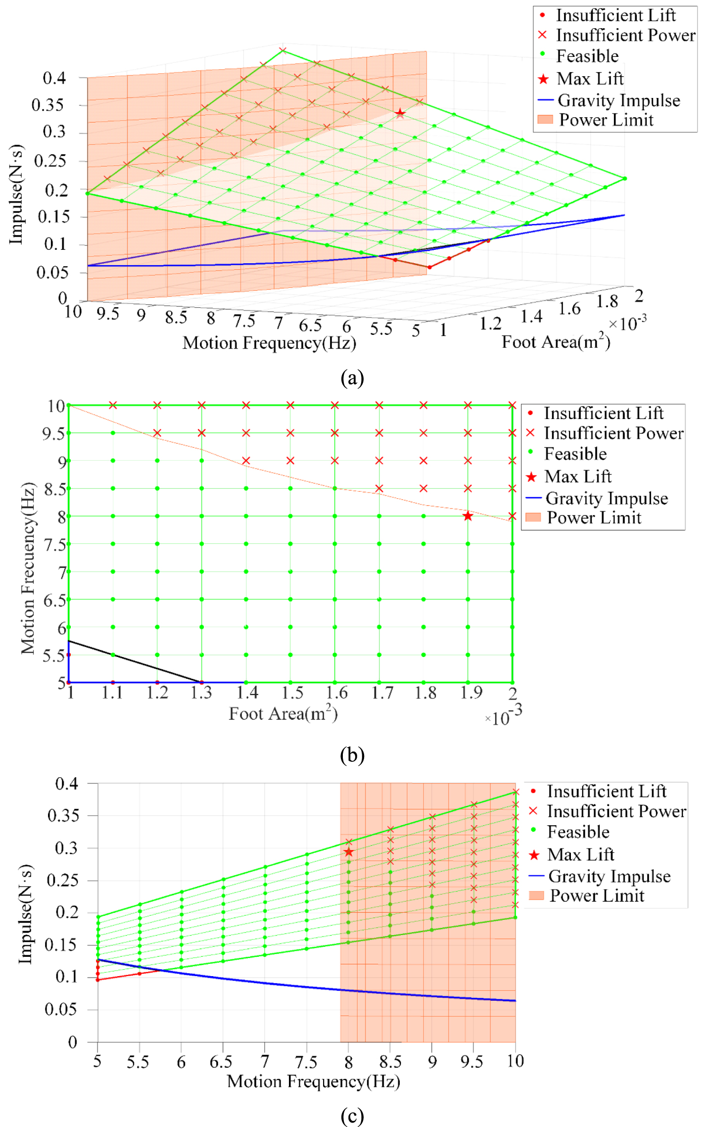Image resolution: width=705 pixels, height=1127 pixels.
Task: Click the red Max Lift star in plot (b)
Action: tap(468, 516)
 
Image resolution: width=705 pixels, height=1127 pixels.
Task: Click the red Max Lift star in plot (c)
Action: tap(349, 852)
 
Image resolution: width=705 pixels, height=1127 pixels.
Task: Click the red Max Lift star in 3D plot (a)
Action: tap(400, 113)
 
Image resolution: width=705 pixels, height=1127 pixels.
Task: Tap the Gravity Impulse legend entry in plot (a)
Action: tap(609, 100)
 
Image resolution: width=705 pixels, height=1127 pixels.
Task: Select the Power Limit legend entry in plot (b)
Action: tap(583, 517)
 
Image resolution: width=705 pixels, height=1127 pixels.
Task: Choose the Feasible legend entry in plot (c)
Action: tap(569, 832)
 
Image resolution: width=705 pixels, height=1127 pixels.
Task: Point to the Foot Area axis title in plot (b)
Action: tap(283, 713)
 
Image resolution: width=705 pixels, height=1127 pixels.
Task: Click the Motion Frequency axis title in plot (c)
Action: tap(314, 1081)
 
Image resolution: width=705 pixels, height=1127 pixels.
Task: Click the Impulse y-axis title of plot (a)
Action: tap(16, 194)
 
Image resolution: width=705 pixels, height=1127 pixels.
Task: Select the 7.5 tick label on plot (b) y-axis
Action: tap(54, 545)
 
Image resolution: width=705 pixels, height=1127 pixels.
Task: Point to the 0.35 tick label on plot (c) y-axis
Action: tap(63, 815)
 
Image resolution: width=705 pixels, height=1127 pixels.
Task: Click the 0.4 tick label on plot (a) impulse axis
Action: tap(54, 78)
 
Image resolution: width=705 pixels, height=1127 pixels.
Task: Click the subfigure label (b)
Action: tap(352, 755)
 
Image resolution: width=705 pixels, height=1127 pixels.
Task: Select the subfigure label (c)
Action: tap(352, 1116)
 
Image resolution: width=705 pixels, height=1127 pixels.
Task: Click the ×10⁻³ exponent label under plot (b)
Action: tap(503, 715)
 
